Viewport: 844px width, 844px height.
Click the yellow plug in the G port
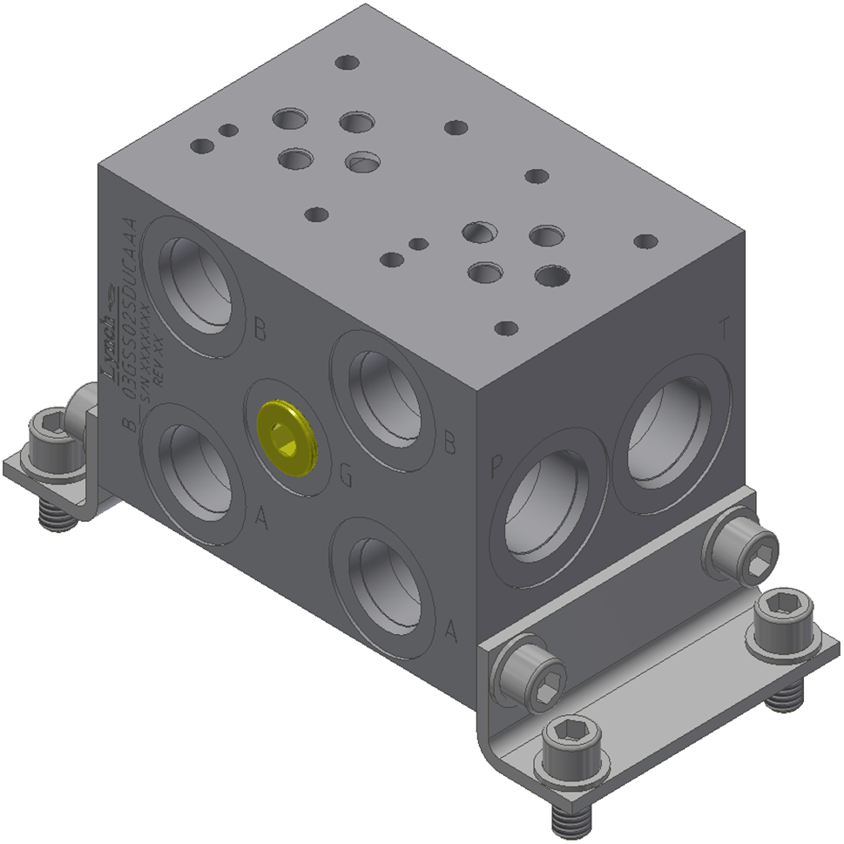pos(288,440)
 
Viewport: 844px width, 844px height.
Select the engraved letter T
pos(723,330)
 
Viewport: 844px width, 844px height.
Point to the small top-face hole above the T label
pos(645,241)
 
